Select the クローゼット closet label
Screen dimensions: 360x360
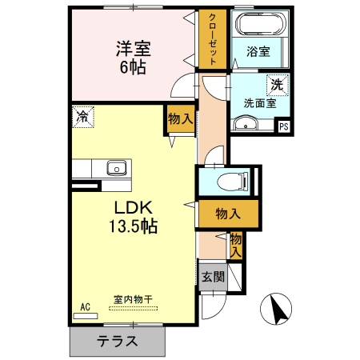tap(213, 39)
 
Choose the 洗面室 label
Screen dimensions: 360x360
tap(259, 102)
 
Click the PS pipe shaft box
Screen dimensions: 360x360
tap(283, 126)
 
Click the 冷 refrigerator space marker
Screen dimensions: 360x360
tap(82, 116)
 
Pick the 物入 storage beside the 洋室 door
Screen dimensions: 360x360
tap(181, 118)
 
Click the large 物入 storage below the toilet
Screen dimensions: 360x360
tap(229, 214)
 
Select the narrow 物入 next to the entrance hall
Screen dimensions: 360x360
tap(236, 245)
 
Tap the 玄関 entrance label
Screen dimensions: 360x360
tap(212, 277)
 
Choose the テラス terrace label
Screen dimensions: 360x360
tap(118, 341)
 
